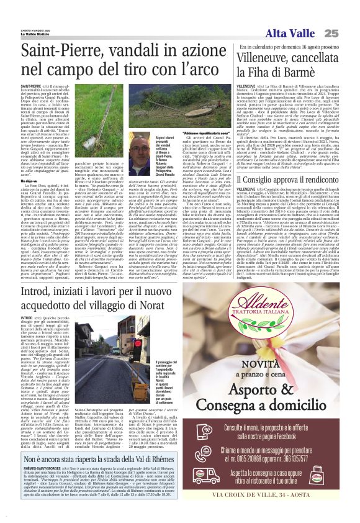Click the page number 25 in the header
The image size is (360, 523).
(348, 32)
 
